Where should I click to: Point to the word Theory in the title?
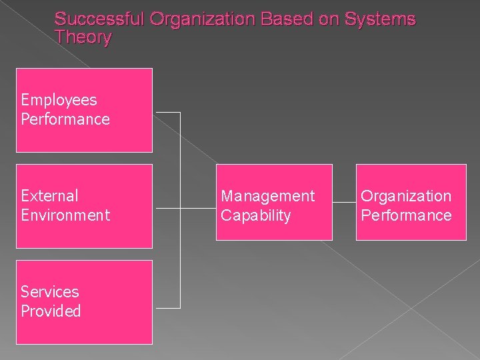coord(83,37)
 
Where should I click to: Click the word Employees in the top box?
coord(59,100)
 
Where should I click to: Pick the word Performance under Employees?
coord(65,119)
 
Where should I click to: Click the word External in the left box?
coord(49,196)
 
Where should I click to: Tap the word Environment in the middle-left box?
coord(65,215)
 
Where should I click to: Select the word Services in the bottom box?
coord(49,292)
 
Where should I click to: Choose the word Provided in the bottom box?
coord(51,311)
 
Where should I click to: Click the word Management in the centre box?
coord(267,196)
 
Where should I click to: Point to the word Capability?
coord(256,215)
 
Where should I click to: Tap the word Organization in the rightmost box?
coord(406,196)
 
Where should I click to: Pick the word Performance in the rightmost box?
coord(406,215)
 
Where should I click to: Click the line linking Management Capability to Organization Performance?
coord(344,202)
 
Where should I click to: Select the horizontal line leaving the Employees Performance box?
coord(167,113)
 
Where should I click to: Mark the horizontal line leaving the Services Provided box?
coord(167,307)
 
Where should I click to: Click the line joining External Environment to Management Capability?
coord(199,209)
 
